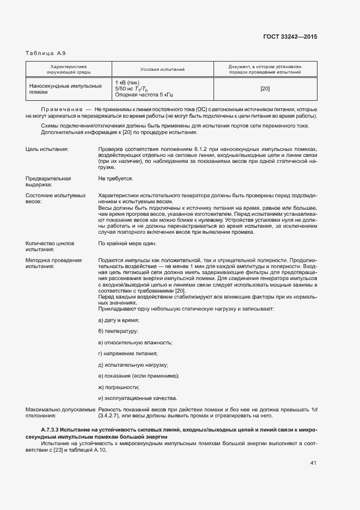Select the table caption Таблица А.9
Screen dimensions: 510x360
(x=46, y=53)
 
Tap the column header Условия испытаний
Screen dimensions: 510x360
(x=162, y=70)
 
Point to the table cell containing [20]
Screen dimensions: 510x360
(x=265, y=89)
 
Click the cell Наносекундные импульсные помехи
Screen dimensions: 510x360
(x=65, y=89)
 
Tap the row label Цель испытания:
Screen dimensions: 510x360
(x=47, y=149)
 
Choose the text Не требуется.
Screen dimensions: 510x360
(x=115, y=178)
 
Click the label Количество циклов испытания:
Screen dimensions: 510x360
(x=50, y=246)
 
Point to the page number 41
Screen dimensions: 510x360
(x=313, y=463)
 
